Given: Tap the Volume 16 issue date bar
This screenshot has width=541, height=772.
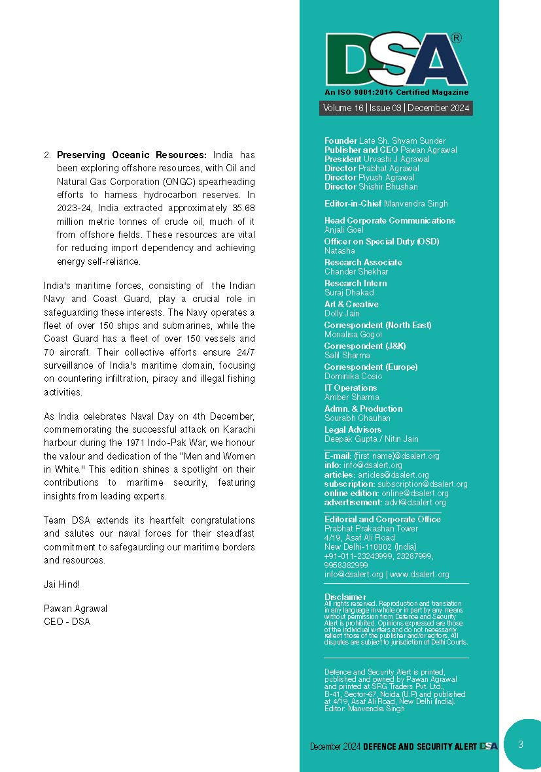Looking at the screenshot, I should coord(396,109).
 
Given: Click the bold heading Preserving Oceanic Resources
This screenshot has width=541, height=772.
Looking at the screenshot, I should coord(131,156).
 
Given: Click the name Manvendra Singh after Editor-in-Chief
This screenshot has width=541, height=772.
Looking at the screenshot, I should coord(416,204).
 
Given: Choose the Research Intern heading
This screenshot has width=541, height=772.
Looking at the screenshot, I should coord(355,283).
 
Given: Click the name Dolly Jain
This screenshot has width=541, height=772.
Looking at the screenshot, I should coord(343,314).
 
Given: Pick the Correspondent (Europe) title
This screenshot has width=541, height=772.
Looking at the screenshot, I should coord(371,367).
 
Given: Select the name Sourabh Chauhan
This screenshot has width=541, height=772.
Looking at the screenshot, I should coord(357,418).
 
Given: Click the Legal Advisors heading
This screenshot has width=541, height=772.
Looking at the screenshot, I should coord(353,429).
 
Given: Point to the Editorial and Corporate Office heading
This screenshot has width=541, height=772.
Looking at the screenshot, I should coord(383,520).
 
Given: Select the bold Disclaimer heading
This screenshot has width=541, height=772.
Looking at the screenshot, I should coord(345,597).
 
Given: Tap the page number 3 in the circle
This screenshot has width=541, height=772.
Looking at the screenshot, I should coord(520,744).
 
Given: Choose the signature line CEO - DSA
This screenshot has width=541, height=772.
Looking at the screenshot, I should coord(67,622).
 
